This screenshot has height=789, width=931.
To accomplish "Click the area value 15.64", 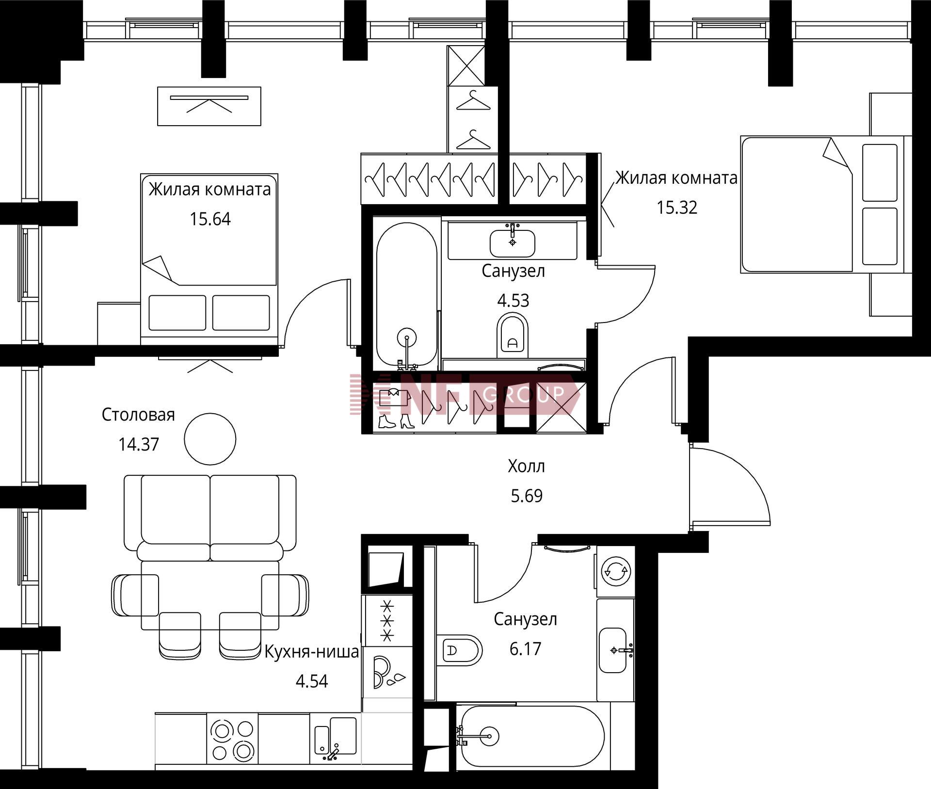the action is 210,219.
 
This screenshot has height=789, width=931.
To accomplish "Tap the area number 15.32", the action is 677,208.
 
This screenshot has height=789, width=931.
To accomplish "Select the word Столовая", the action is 138,415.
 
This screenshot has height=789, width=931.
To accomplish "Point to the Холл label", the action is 527,467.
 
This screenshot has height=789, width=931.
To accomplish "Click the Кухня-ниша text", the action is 312,652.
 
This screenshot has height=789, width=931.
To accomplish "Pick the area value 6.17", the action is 525,649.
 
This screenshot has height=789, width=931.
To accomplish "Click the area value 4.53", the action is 513,301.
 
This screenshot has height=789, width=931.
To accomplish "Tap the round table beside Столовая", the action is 210,439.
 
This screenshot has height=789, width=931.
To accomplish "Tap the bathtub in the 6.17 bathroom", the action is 530,736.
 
